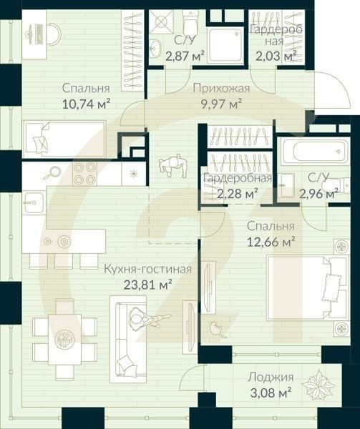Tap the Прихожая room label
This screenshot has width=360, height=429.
tap(220, 89)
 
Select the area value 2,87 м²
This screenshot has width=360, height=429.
tap(185, 56)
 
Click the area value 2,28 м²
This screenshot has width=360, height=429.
tap(235, 193)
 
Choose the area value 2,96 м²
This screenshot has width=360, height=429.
tap(318, 193)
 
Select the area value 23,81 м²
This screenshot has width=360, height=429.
tap(147, 285)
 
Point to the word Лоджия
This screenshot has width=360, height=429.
tap(270, 377)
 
